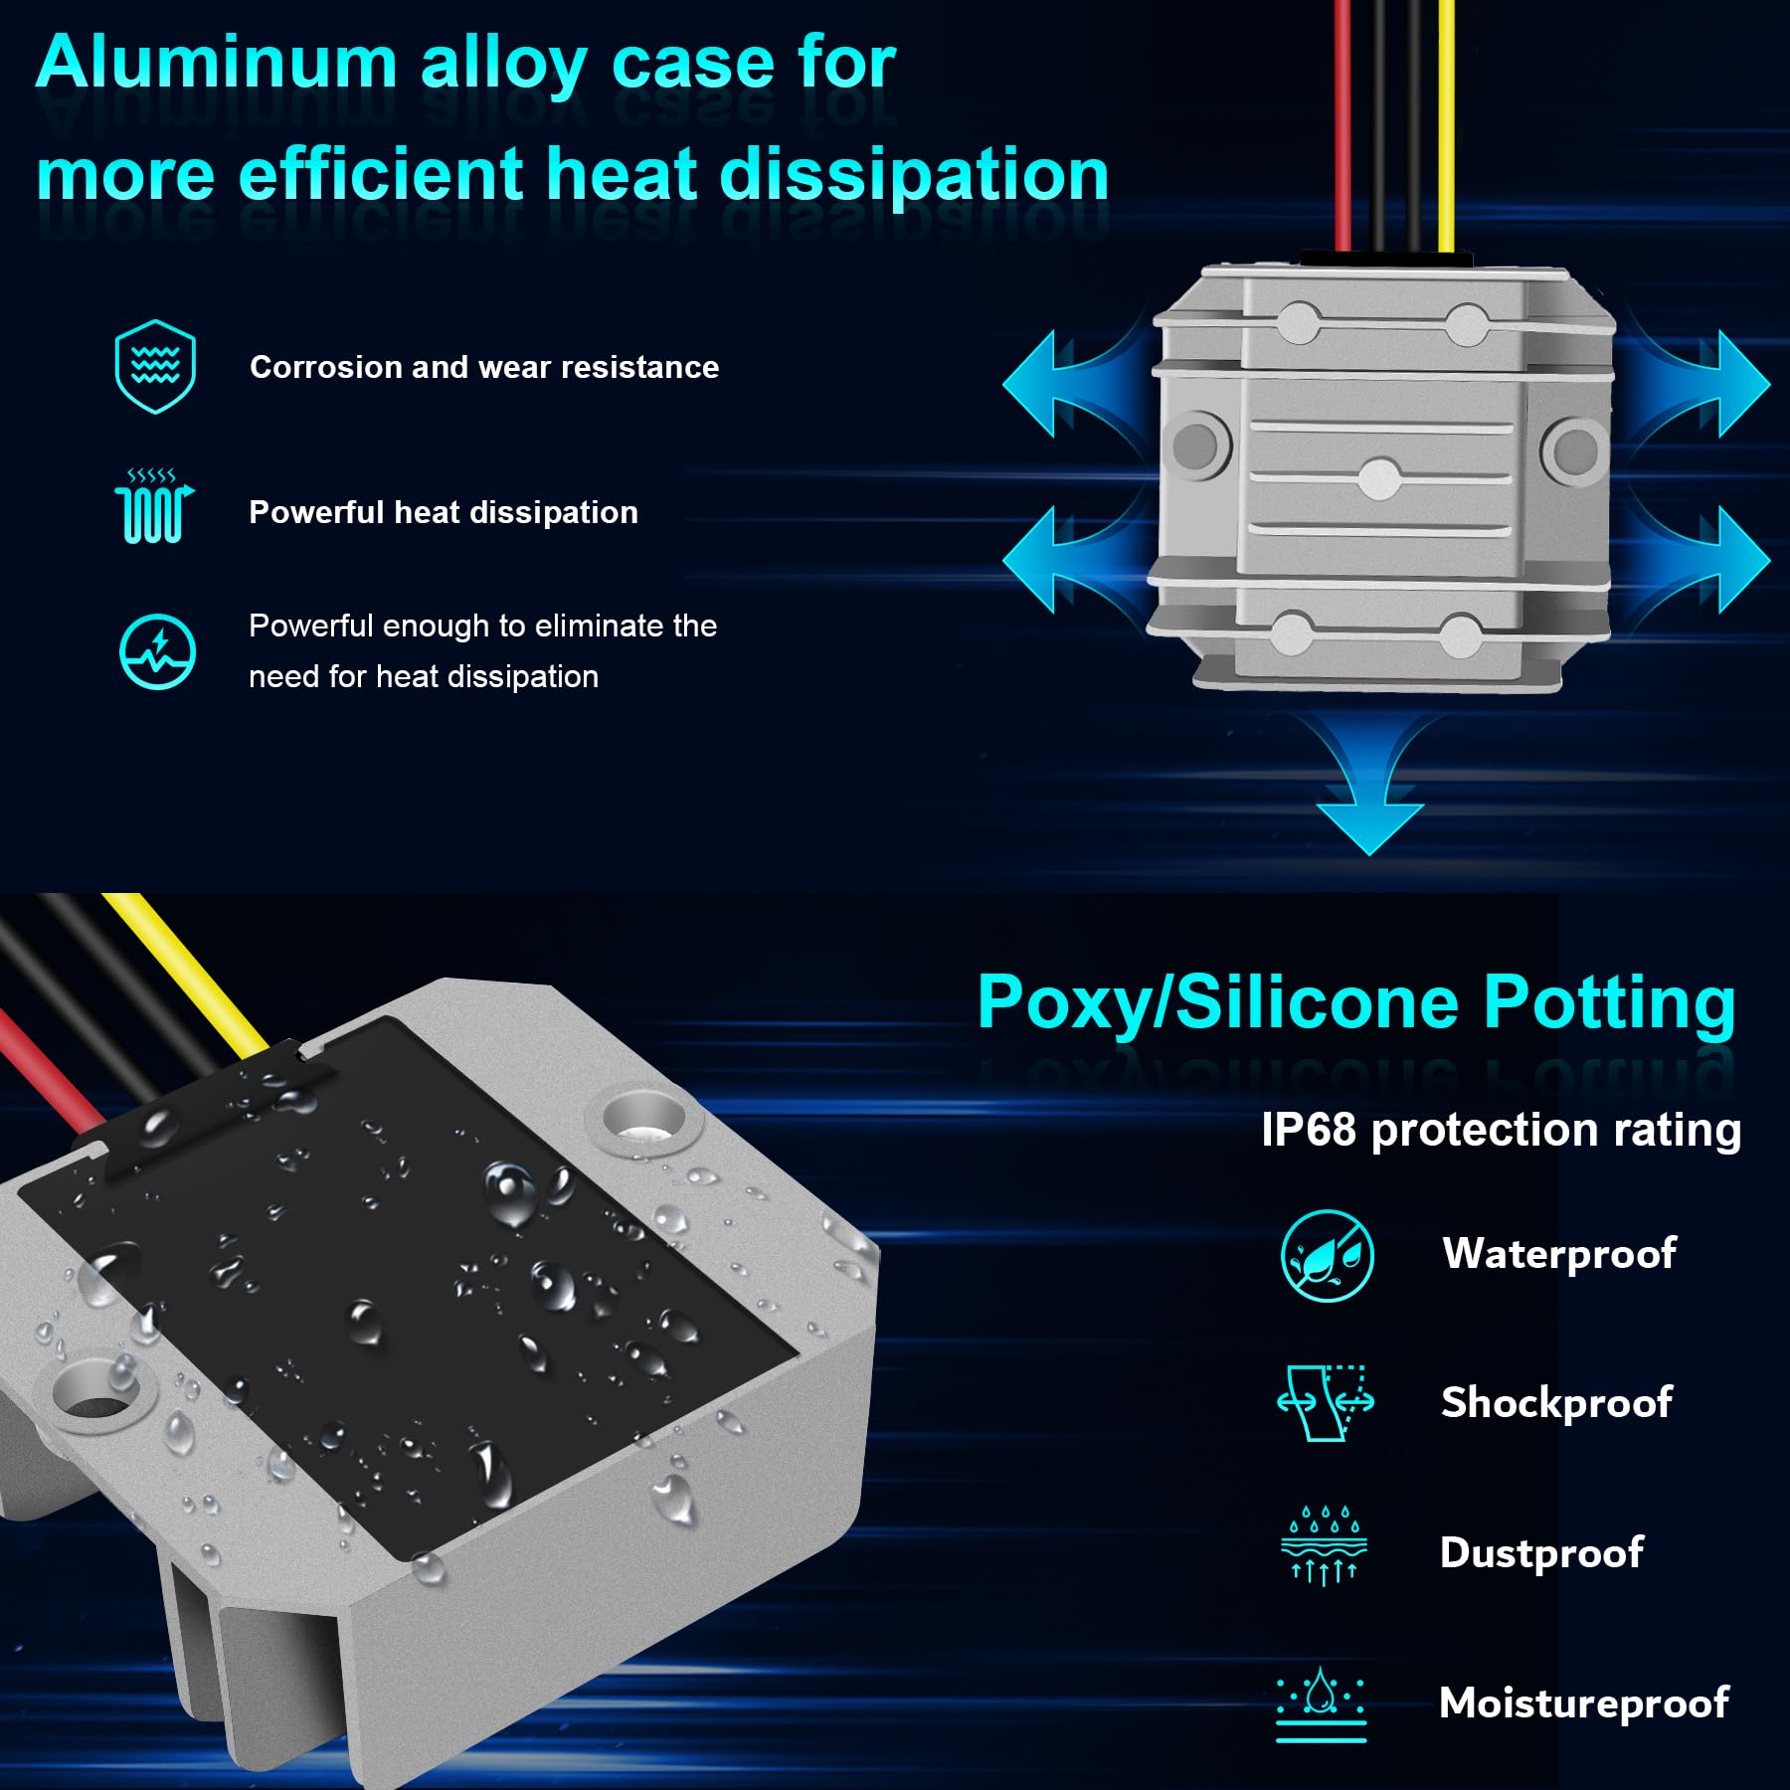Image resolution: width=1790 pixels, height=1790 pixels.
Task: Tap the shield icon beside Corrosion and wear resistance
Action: point(155,366)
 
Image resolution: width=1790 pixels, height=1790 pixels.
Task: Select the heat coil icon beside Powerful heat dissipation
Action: point(153,507)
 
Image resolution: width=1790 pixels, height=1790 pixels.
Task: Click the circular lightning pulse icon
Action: point(157,651)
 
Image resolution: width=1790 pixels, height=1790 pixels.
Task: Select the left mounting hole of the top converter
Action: point(1196,445)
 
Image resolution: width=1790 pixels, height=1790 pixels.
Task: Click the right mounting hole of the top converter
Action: point(1575,449)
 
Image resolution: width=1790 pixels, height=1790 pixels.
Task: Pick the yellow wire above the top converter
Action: point(1446,119)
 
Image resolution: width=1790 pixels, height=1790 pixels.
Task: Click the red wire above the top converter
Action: point(1342,119)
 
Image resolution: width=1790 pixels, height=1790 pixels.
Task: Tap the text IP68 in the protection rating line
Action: point(1308,1131)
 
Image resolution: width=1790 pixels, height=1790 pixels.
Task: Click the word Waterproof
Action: point(1558,1253)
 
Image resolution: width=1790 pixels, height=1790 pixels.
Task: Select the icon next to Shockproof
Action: point(1326,1402)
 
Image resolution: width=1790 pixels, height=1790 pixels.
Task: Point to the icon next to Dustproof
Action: point(1324,1545)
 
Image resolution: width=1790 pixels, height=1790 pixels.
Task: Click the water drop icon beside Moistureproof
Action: point(1321,1702)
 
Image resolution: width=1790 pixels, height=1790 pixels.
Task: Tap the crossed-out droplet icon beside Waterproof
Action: point(1327,1256)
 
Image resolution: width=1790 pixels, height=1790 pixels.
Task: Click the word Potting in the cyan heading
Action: point(1608,1002)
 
